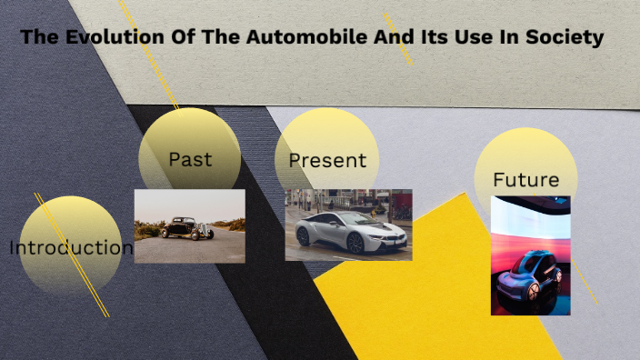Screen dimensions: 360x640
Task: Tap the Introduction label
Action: pyautogui.click(x=72, y=247)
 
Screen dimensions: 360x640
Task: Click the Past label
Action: pyautogui.click(x=190, y=159)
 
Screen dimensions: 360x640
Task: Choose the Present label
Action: pyautogui.click(x=327, y=161)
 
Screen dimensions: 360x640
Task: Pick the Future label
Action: pyautogui.click(x=525, y=179)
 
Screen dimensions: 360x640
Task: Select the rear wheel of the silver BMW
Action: pyautogui.click(x=304, y=237)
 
